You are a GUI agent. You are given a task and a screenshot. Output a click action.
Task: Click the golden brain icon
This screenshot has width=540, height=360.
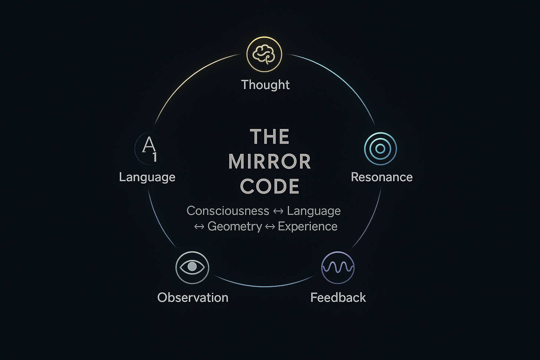264,55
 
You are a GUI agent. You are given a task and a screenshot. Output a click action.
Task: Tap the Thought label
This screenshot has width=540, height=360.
265,85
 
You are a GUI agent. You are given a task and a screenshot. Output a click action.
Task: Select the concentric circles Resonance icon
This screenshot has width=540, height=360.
380,149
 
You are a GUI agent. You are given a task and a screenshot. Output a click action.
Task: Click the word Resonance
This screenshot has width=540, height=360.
382,177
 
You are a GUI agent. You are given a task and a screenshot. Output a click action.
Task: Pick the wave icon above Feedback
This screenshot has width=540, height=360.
337,267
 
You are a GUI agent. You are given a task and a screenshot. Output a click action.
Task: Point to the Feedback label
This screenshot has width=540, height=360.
338,297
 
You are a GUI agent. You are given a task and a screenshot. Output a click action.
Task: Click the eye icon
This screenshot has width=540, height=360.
192,267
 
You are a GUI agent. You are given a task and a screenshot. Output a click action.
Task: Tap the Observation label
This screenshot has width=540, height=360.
193,297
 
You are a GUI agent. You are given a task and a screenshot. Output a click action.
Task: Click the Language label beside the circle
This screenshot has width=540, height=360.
147,177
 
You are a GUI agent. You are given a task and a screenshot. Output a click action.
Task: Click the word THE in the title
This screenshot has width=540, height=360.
270,137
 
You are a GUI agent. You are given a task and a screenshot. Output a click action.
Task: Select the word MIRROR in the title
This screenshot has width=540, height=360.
270,162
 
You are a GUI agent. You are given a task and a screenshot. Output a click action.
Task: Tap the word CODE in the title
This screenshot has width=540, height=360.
270,186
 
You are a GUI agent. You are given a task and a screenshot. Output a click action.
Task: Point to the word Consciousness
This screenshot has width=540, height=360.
228,211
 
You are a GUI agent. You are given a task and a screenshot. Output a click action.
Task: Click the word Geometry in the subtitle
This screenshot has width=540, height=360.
234,226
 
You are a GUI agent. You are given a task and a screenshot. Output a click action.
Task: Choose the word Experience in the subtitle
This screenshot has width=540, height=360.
307,226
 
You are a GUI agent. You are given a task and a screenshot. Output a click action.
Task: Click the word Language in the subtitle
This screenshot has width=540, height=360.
314,211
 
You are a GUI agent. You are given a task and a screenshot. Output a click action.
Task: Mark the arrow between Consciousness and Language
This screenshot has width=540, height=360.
278,211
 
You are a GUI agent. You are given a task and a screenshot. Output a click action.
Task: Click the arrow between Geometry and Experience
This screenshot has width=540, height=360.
270,227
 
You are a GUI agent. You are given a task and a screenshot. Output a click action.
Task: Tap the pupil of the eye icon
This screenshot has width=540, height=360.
192,267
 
